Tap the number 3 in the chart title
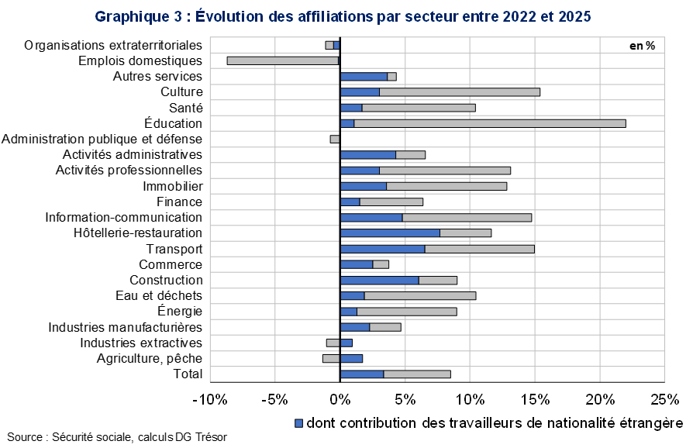pos(176,16)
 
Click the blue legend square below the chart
pos(299,423)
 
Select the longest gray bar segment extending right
pos(489,123)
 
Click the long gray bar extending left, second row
pos(283,60)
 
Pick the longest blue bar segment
pos(390,233)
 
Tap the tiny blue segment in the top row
pos(336,45)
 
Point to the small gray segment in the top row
pos(329,45)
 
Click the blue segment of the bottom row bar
pos(362,374)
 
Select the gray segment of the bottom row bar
pos(417,374)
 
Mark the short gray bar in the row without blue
pos(335,139)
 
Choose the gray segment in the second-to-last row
pos(331,358)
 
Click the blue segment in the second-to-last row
pos(351,358)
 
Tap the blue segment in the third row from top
pos(364,76)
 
